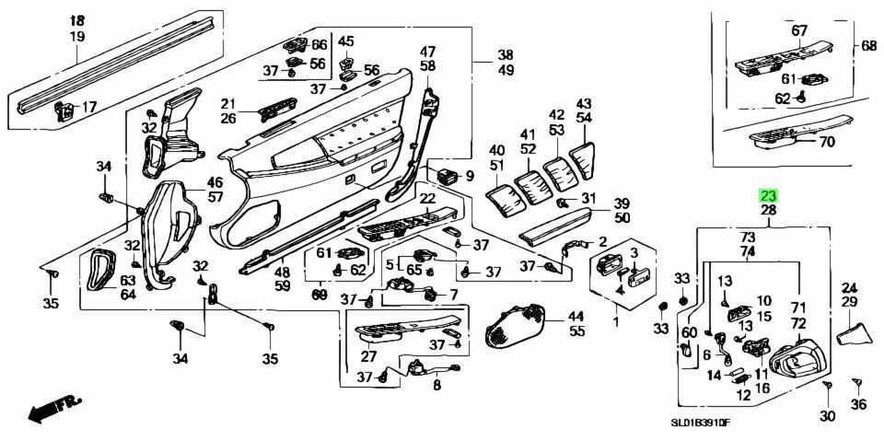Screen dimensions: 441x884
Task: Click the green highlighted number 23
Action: tap(768, 195)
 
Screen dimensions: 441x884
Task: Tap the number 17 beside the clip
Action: tap(88, 108)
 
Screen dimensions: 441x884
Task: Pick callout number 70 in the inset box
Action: tap(826, 142)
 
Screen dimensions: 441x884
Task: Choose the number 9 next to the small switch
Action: tap(469, 176)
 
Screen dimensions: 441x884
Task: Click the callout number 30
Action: tap(827, 417)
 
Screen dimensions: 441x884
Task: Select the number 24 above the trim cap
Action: tap(848, 287)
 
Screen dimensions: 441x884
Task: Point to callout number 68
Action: tap(868, 46)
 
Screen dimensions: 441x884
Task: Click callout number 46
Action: tap(215, 182)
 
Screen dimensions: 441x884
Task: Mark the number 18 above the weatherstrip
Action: tap(76, 20)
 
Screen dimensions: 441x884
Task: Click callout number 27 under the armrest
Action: tap(368, 356)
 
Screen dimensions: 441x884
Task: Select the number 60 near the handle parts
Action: tap(689, 331)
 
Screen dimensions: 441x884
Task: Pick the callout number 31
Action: tap(588, 197)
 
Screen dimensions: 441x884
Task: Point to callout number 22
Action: tap(427, 199)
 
